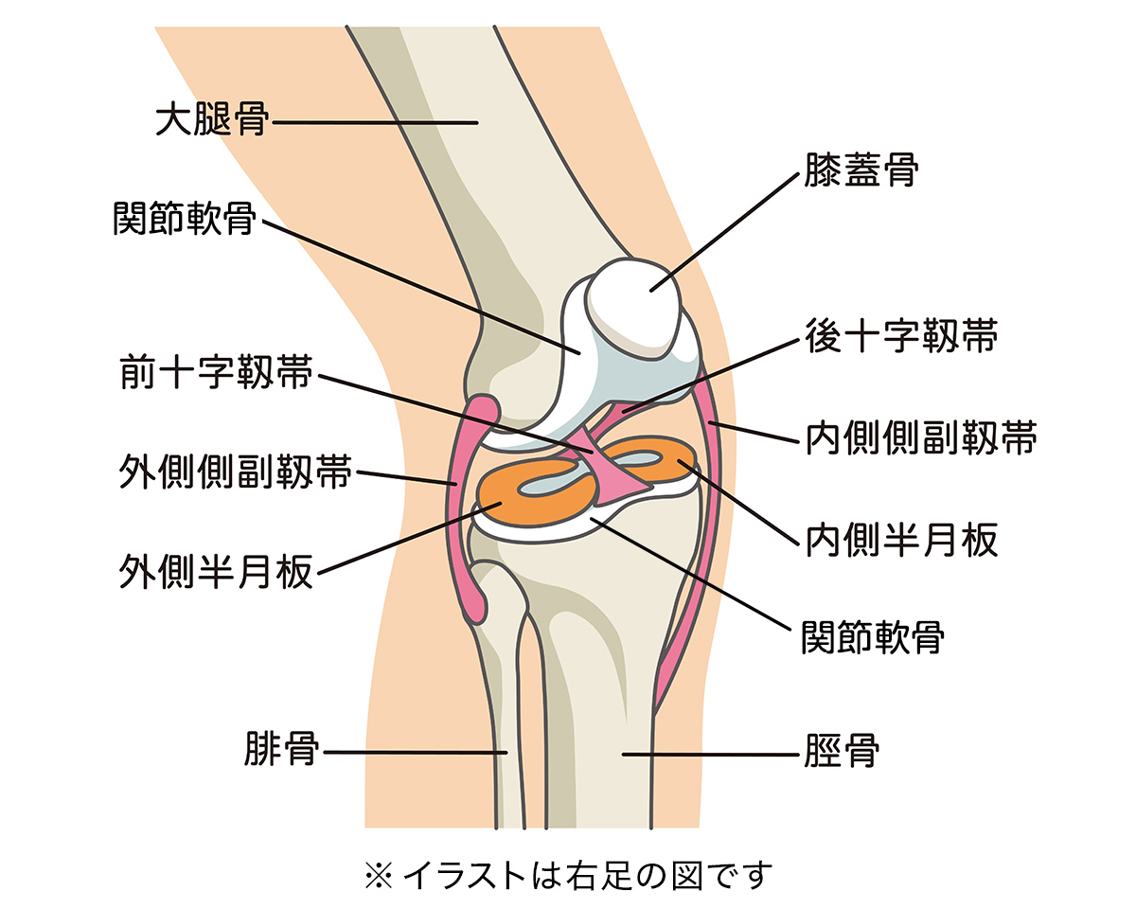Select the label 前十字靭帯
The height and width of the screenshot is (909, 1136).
(x=216, y=371)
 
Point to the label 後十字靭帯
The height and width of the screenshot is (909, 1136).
(x=900, y=336)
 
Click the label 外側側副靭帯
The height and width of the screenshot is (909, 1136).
(x=235, y=472)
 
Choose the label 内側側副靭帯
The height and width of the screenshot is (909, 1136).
(x=921, y=437)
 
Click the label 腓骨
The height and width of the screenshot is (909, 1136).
(x=282, y=753)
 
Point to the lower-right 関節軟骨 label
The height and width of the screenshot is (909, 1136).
(x=872, y=635)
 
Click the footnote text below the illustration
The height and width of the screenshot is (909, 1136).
(x=568, y=874)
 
